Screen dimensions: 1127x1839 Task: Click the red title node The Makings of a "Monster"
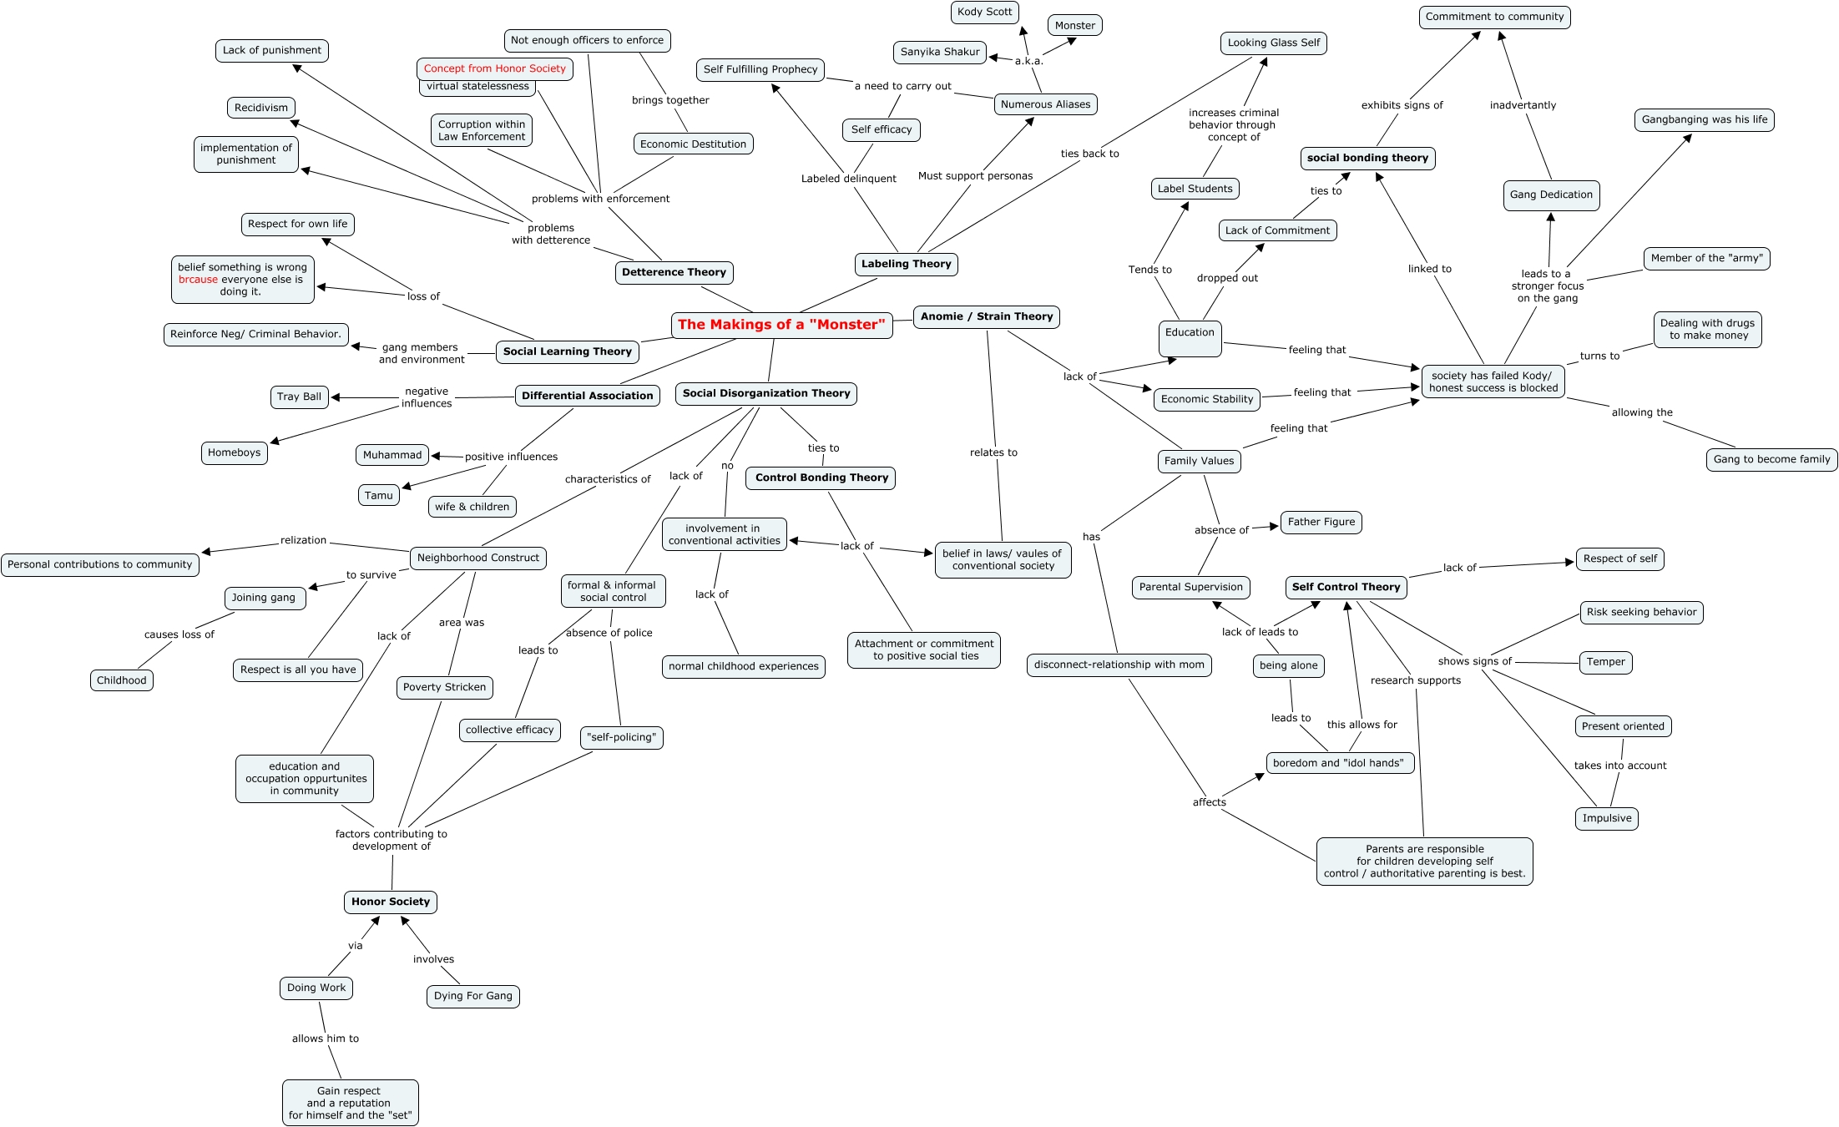781,325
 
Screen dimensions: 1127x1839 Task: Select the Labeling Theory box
906,264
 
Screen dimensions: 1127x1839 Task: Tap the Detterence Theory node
674,272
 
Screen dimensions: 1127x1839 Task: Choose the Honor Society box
390,902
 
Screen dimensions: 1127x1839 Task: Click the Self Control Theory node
1346,587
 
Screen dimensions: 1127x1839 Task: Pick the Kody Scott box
984,12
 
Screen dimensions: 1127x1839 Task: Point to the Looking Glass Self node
1273,43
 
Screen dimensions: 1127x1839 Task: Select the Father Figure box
1321,522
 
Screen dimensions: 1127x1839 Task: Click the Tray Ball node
299,397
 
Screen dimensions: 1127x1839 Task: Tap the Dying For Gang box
472,996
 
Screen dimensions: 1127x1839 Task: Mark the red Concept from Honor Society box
494,68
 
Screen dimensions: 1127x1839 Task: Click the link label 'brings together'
670,100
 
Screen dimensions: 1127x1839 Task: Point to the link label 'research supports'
1415,680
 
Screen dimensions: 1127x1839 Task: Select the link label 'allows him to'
325,1039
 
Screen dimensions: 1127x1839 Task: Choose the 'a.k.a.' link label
1028,61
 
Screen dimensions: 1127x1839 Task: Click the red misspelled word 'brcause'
198,280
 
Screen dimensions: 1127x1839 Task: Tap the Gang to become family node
1771,459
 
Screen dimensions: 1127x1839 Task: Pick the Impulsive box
1606,818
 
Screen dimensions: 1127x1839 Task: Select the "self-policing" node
622,737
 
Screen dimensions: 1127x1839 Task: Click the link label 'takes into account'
1619,766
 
